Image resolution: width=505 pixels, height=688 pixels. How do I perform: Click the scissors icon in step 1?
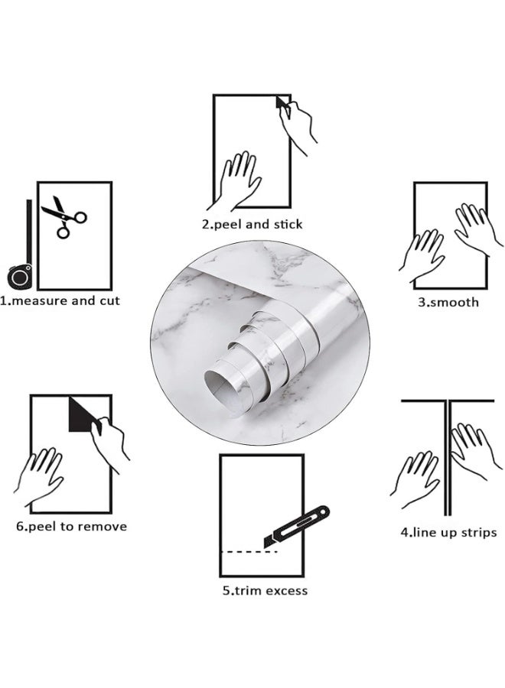[x=63, y=216]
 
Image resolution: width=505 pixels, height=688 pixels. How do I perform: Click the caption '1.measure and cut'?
[x=60, y=301]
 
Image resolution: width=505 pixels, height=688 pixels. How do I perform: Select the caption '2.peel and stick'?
[x=252, y=224]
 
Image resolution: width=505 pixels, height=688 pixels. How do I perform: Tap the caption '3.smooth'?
[x=448, y=302]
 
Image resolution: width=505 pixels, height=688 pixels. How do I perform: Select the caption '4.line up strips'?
[x=448, y=532]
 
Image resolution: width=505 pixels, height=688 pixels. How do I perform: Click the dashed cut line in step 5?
[x=243, y=551]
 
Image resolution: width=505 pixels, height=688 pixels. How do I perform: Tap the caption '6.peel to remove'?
[x=71, y=526]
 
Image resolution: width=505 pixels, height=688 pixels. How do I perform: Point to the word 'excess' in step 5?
[x=286, y=590]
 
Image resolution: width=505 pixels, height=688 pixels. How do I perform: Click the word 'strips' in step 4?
[x=478, y=532]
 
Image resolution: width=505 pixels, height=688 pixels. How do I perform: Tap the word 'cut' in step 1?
[x=109, y=301]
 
